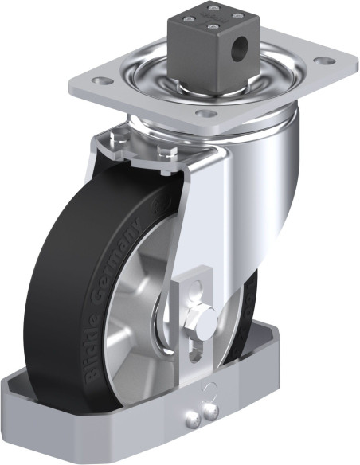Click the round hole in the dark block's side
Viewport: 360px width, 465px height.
tap(239, 49)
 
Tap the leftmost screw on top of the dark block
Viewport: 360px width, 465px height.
tap(188, 19)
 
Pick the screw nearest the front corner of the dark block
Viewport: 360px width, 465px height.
tap(212, 28)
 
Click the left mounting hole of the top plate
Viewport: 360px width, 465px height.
tap(102, 81)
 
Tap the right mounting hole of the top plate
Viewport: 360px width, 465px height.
tap(325, 61)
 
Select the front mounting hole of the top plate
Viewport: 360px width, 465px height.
tap(207, 113)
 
